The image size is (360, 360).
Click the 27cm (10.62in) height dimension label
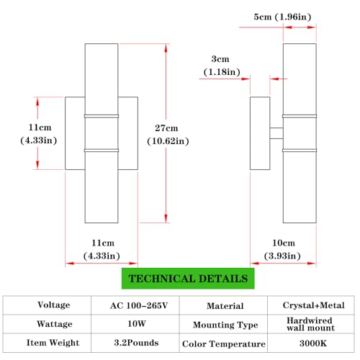point(168,135)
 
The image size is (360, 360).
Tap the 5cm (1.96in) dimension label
point(282,17)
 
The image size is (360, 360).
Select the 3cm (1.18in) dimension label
point(222,66)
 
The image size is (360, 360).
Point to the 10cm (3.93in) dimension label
point(282,249)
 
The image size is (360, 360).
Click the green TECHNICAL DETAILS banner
point(188,279)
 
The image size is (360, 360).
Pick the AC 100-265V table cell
point(139,305)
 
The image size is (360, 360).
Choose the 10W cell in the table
point(137,324)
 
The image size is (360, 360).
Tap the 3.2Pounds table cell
point(136,343)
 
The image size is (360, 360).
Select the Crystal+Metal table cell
point(313,305)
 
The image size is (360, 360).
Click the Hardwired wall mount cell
point(310,324)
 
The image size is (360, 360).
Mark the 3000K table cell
point(313,343)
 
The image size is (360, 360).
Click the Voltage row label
point(54,305)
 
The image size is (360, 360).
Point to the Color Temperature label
point(224,343)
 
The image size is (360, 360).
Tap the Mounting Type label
point(225,325)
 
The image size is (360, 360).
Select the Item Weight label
point(53,343)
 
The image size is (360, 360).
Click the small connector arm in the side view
point(276,133)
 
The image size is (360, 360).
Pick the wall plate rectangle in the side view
point(260,133)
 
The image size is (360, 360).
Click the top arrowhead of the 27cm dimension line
point(166,48)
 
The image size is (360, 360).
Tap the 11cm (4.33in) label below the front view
point(102,249)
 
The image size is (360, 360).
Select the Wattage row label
point(55,324)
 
